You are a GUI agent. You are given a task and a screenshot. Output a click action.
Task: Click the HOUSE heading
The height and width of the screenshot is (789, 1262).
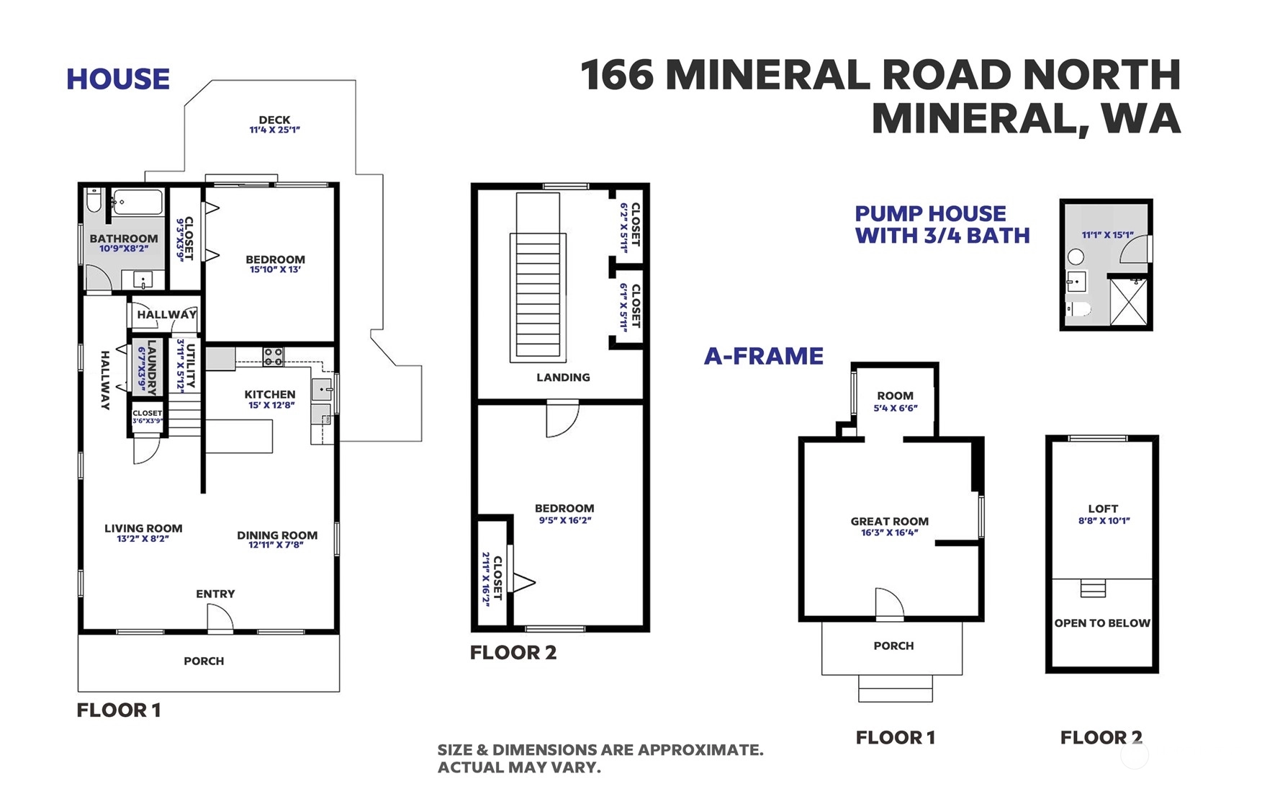pos(118,79)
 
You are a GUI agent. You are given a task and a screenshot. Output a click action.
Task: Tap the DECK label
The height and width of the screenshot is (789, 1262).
pos(274,120)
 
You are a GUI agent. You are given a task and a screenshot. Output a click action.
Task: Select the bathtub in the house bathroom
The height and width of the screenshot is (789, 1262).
pos(138,202)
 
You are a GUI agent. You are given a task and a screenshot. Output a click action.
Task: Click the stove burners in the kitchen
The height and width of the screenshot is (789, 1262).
pos(273,356)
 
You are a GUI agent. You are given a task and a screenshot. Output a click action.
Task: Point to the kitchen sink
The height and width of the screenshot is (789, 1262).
pos(321,389)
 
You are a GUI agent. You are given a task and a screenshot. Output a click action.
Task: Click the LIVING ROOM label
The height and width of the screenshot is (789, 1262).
pos(143,528)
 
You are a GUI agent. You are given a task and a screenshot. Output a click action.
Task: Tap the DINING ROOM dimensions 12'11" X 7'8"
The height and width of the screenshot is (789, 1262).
pos(276,545)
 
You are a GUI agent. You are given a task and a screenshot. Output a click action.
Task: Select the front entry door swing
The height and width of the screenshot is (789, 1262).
pos(220,618)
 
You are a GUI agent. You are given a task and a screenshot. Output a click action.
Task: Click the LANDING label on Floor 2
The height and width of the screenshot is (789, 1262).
pos(563,377)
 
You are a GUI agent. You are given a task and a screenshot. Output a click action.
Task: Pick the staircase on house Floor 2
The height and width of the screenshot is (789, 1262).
pos(537,277)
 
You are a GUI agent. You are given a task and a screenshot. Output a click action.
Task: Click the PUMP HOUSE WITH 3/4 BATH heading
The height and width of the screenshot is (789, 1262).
pos(942,224)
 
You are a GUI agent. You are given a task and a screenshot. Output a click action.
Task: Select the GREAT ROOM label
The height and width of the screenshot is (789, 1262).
pos(889,521)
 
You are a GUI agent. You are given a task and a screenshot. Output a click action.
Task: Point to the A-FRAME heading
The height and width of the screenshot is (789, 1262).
pos(763,356)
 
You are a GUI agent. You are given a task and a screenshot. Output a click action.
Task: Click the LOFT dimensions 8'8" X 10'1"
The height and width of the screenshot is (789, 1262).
pos(1104,520)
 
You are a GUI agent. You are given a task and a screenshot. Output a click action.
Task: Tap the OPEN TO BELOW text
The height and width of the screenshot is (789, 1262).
pos(1102,623)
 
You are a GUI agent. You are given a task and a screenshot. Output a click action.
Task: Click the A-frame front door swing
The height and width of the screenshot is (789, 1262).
pos(888,604)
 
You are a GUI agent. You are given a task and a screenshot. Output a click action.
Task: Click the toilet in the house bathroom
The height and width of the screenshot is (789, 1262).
pos(94,200)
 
